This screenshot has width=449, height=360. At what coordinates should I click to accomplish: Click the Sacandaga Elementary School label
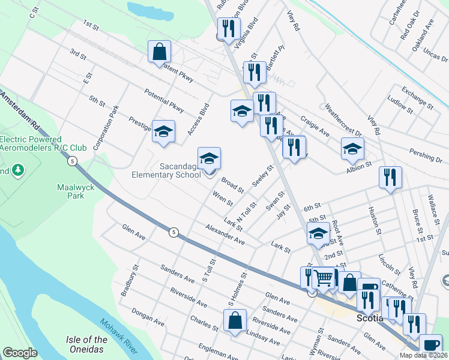click(166, 170)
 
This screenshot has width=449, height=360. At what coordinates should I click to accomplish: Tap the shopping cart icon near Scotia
click(324, 278)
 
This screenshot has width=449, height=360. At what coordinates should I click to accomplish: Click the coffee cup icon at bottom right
click(430, 345)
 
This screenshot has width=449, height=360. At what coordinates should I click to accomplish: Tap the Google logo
click(20, 353)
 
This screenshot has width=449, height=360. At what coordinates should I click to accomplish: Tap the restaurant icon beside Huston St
click(390, 177)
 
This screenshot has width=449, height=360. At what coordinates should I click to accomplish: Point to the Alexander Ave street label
click(224, 235)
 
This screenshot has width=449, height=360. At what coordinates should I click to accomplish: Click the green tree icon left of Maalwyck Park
click(18, 170)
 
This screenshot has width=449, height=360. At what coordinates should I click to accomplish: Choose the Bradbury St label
click(125, 281)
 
